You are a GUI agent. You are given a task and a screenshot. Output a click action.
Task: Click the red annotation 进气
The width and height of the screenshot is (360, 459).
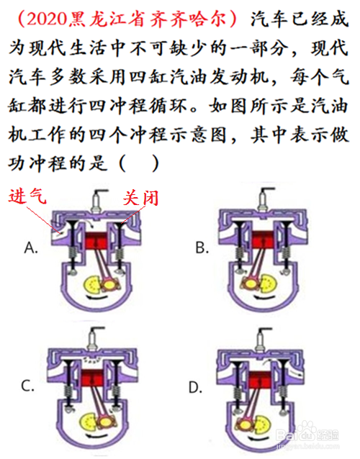[27, 196]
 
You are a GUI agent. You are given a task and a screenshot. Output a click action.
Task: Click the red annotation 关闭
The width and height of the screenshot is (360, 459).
[141, 198]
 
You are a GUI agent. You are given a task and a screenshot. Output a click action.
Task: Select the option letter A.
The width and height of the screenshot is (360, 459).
[31, 247]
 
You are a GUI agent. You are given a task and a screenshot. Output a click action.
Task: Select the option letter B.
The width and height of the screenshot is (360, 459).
[202, 247]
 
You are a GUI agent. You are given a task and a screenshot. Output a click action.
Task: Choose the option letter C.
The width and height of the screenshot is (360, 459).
[28, 386]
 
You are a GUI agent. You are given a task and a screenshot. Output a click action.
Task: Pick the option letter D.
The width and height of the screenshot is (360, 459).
[195, 388]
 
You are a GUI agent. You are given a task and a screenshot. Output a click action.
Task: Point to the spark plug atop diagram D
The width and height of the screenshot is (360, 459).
[261, 340]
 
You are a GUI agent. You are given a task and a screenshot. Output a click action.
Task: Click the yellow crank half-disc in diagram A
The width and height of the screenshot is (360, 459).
[91, 284]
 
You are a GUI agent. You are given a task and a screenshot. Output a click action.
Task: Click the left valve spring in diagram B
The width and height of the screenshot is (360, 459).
[240, 253]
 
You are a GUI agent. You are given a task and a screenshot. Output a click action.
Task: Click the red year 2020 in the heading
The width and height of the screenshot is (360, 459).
[46, 19]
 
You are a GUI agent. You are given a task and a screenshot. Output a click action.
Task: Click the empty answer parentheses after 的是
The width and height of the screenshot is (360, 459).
[139, 163]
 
